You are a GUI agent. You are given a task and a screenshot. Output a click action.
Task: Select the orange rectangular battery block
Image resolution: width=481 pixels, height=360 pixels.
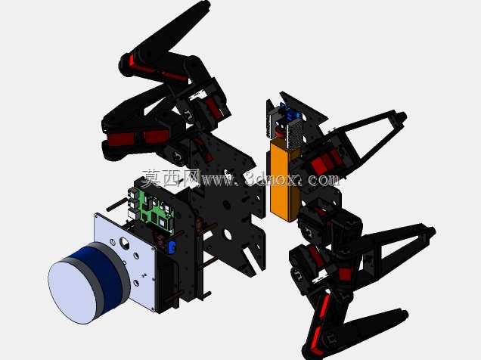click(x=284, y=181)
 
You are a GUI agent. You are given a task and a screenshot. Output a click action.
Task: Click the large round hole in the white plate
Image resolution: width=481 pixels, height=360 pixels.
click(x=125, y=243)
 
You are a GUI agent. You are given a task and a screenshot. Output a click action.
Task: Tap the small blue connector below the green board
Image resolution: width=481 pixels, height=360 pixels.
click(x=172, y=247)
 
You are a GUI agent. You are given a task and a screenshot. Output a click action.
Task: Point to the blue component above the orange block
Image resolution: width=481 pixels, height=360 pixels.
click(x=290, y=113)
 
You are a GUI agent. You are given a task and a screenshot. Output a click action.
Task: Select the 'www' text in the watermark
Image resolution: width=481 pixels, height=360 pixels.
click(x=217, y=180)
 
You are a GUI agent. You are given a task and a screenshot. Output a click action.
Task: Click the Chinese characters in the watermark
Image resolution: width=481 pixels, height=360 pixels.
click(x=171, y=178)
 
